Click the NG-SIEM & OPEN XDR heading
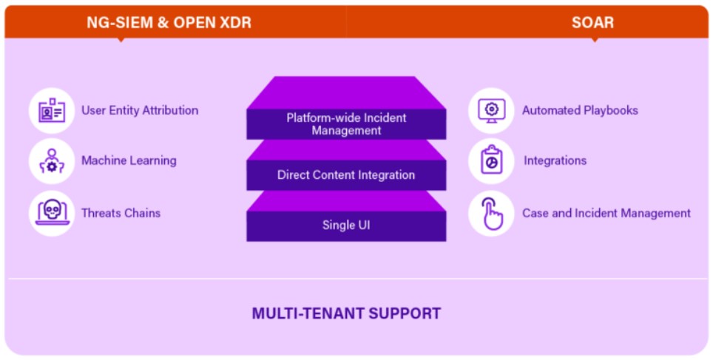click(x=169, y=22)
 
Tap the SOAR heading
click(x=592, y=22)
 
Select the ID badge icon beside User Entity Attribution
click(x=52, y=110)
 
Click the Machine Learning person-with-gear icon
click(x=52, y=161)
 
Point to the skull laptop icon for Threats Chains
click(x=53, y=213)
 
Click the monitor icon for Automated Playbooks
click(x=492, y=111)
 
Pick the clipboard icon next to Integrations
click(x=492, y=160)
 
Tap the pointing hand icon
click(x=493, y=213)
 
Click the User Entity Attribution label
click(x=140, y=110)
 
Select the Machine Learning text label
click(x=129, y=160)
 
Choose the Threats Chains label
click(x=121, y=213)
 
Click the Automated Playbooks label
click(x=580, y=110)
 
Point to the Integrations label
click(x=555, y=160)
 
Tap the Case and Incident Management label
click(x=606, y=213)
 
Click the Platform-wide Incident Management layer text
click(x=346, y=124)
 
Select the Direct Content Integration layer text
click(x=346, y=175)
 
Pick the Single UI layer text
click(x=346, y=225)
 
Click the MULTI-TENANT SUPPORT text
click(x=346, y=313)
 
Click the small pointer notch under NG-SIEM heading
click(x=121, y=40)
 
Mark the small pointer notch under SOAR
click(x=594, y=40)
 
